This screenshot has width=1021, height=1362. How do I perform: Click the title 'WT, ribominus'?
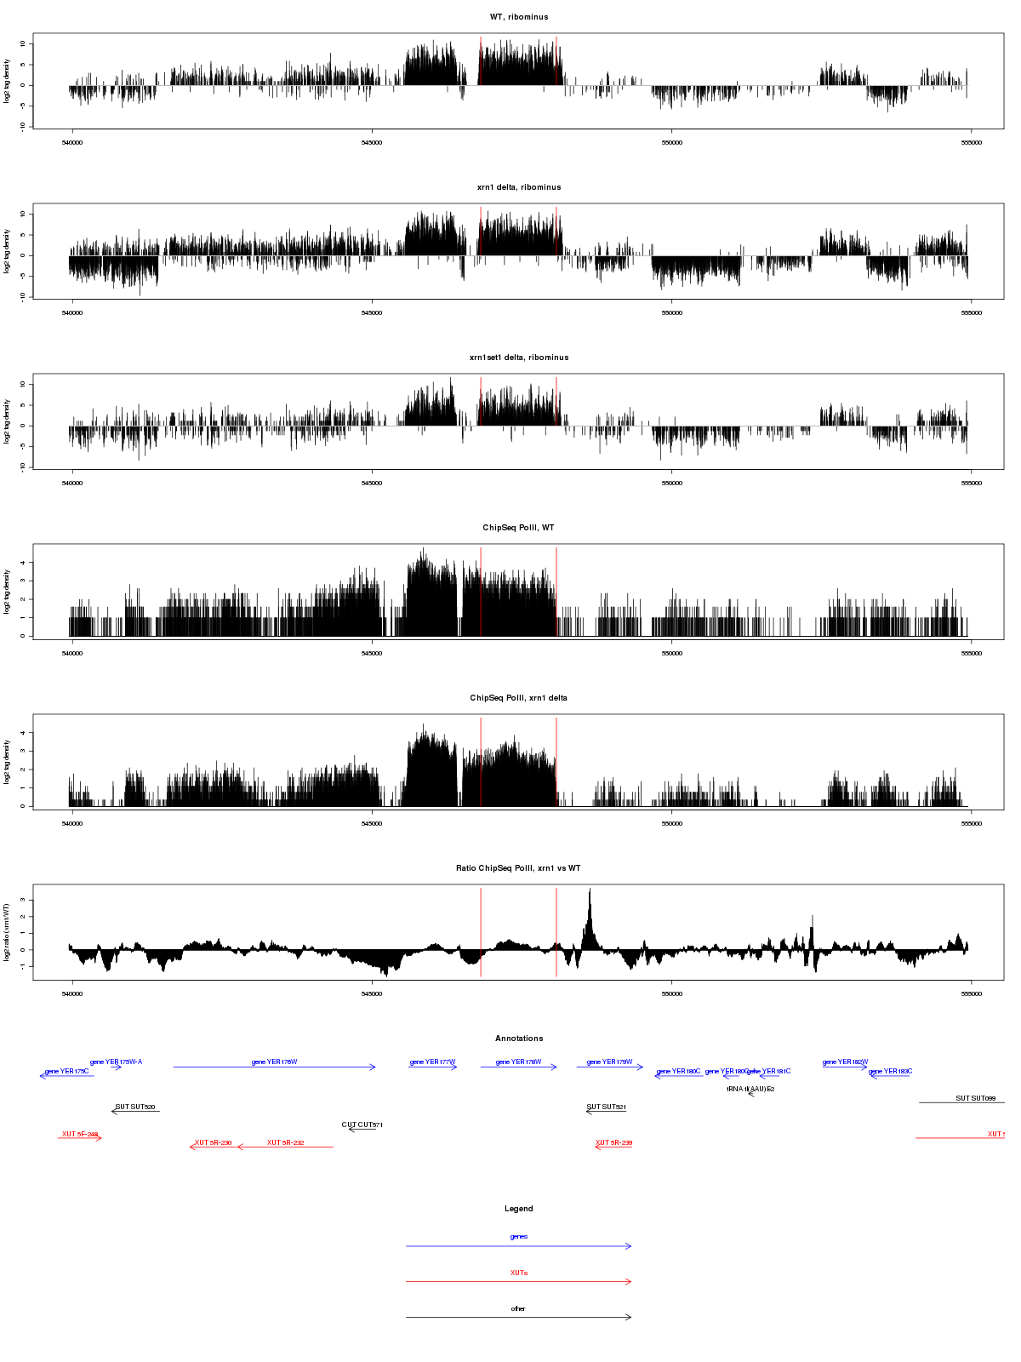(x=518, y=17)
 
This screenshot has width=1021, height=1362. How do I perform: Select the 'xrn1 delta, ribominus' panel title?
(x=518, y=187)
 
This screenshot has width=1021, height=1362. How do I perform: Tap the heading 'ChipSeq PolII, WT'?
(x=518, y=528)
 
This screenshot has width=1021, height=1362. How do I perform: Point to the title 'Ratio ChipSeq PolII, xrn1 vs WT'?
(x=518, y=868)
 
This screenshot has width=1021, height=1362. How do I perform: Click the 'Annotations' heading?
(x=518, y=1039)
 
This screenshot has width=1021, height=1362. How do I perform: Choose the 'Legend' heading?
(x=518, y=1209)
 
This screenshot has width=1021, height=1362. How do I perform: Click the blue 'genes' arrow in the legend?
(x=518, y=1246)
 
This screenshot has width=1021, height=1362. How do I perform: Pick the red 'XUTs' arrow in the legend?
(x=518, y=1281)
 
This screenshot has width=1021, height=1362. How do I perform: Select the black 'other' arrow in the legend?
(x=518, y=1317)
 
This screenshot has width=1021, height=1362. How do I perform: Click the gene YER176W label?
(x=274, y=1062)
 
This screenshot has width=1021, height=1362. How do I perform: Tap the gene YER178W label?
(x=518, y=1062)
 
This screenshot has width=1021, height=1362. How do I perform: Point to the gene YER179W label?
(x=609, y=1062)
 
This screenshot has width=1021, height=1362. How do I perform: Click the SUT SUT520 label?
(x=135, y=1107)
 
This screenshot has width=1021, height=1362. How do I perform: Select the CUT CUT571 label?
(x=362, y=1125)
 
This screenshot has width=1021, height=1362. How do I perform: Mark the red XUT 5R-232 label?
(x=285, y=1143)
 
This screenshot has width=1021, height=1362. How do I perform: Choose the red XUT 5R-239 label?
(x=613, y=1143)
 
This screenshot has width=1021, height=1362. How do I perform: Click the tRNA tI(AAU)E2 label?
(x=750, y=1089)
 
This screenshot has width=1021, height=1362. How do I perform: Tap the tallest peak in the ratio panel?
(x=590, y=890)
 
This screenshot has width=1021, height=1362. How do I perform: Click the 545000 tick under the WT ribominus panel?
(x=372, y=143)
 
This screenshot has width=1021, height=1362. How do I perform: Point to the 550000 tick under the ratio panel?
(x=671, y=994)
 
